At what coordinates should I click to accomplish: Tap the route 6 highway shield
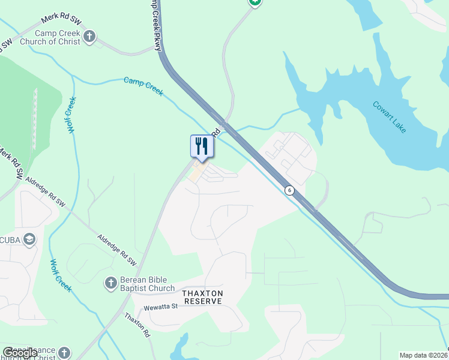coord(290,190)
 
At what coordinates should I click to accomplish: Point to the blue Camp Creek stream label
coord(143,86)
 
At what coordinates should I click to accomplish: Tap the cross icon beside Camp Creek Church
coord(89,37)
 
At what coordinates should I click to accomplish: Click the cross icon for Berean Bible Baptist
coord(110,282)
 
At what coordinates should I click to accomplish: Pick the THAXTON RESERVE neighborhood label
coord(203,297)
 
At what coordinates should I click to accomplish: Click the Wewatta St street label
coord(161,307)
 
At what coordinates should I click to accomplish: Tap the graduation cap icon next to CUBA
coord(29,239)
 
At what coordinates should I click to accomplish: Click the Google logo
coord(19,353)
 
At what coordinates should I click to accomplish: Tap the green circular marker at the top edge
coord(255,2)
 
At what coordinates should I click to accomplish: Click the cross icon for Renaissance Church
coord(64,353)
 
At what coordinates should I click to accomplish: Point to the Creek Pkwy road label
coord(154,24)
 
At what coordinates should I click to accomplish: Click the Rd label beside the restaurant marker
coord(215,130)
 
